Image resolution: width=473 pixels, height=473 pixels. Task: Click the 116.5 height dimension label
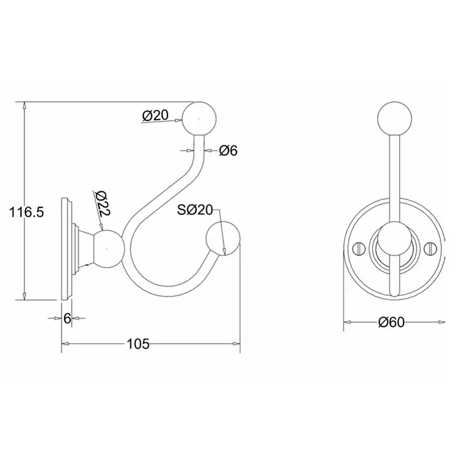[x=26, y=212]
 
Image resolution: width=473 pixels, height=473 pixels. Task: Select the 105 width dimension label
[x=138, y=343]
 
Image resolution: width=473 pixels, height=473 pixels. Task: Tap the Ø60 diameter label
[x=391, y=322]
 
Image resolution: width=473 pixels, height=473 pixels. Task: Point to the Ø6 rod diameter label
[x=228, y=151]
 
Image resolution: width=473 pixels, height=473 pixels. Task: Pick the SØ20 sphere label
[x=195, y=210]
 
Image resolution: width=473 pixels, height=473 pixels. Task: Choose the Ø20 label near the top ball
[x=155, y=116]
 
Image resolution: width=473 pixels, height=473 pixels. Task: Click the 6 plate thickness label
[x=68, y=318]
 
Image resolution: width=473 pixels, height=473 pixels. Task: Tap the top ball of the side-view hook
[x=199, y=119]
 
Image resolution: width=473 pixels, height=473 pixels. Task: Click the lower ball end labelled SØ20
[x=223, y=239]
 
